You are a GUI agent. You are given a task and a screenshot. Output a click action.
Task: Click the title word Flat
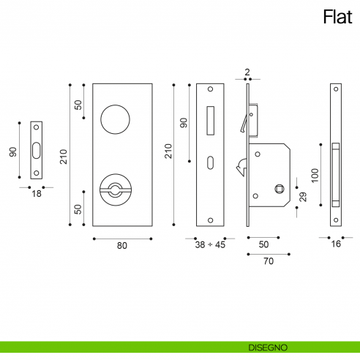tap(337, 17)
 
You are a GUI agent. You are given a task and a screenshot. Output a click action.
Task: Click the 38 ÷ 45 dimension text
tap(210, 246)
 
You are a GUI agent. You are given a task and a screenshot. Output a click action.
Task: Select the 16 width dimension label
tap(335, 246)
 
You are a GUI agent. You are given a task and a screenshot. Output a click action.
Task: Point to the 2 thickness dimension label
tap(247, 72)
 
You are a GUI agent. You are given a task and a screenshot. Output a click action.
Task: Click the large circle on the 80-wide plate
tap(115, 119)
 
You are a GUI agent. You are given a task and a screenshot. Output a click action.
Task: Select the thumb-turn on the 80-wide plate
tap(115, 190)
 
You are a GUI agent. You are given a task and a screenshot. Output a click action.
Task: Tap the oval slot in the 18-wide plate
tap(36, 151)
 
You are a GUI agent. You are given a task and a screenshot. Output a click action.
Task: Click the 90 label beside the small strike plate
tap(12, 151)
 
